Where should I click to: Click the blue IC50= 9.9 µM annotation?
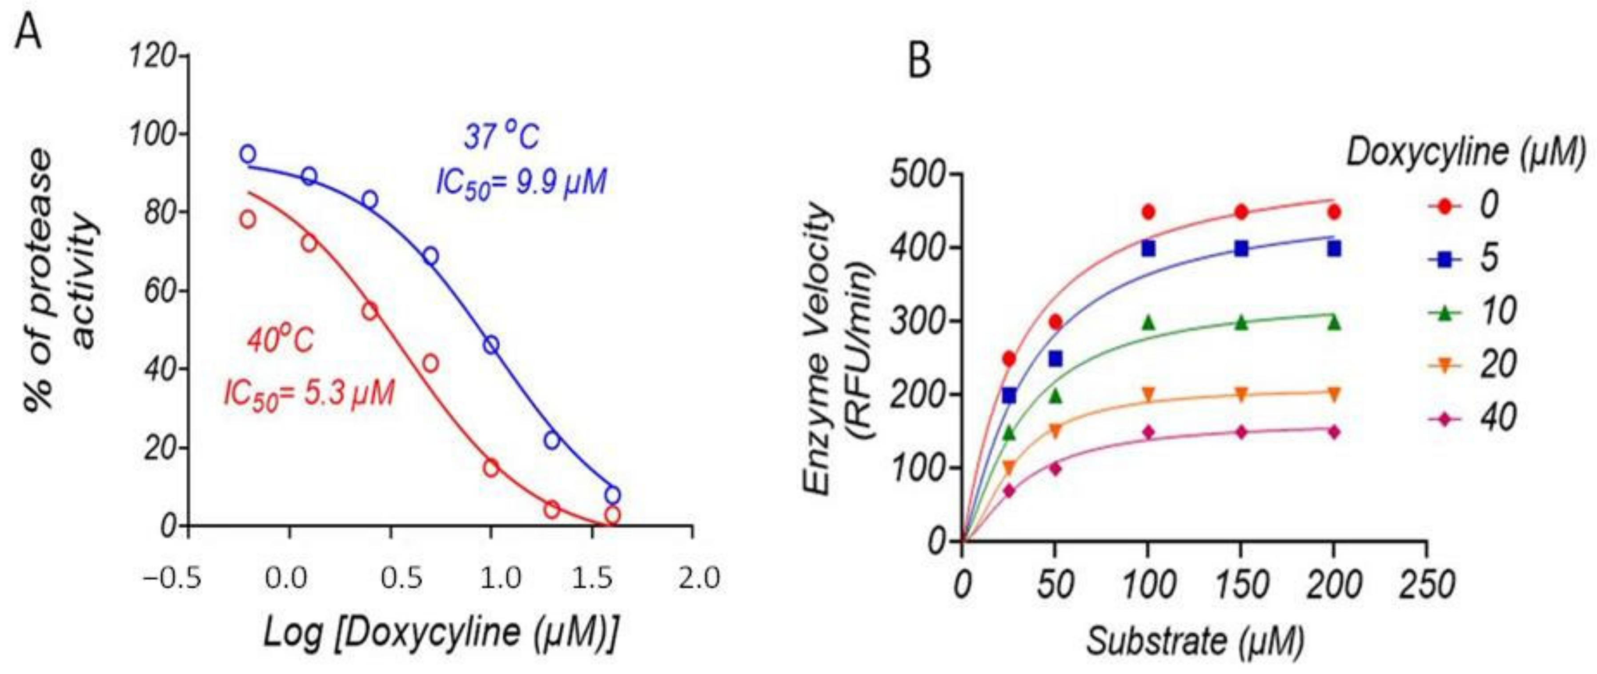click(x=521, y=183)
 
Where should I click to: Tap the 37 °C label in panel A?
click(x=501, y=137)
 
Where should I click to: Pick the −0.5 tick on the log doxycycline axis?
click(x=173, y=579)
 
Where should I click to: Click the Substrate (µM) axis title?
click(x=1195, y=641)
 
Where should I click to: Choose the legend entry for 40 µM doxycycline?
click(x=1473, y=420)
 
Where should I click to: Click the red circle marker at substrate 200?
click(x=1334, y=212)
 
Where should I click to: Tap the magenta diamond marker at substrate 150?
click(x=1241, y=432)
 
